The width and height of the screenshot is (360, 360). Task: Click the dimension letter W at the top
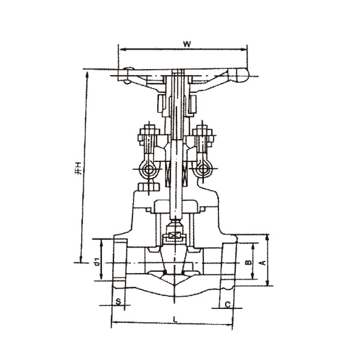tap(187, 43)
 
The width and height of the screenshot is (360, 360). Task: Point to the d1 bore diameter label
tap(96, 262)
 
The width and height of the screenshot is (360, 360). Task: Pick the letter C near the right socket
tap(228, 305)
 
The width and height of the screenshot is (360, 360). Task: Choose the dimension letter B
tap(247, 263)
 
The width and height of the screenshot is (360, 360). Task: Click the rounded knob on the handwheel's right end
tap(243, 76)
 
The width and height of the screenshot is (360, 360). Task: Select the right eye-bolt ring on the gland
tap(202, 169)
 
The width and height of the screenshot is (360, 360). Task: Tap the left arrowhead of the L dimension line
tap(114, 325)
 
